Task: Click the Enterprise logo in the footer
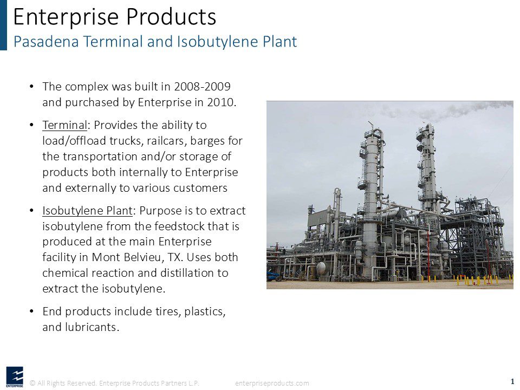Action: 15,377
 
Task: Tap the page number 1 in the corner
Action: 512,381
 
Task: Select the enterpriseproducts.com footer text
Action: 272,383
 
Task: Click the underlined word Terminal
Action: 64,125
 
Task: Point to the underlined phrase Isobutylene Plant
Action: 88,211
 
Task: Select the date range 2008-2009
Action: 202,87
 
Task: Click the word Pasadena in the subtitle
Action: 46,42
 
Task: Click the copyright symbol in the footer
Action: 32,383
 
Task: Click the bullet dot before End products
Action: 31,311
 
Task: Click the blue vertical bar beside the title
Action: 3,25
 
